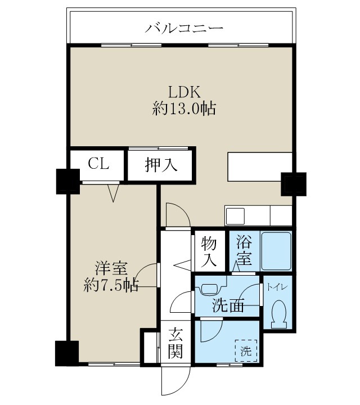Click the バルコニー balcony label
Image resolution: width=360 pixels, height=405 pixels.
[x=184, y=27]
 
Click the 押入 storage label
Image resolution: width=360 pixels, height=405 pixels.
[x=161, y=165]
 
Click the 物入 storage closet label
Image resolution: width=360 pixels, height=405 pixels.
[x=209, y=251]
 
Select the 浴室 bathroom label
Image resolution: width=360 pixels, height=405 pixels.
[x=244, y=251]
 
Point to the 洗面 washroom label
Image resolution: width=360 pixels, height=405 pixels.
[x=228, y=306]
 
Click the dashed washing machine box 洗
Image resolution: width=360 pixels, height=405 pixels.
[x=246, y=350]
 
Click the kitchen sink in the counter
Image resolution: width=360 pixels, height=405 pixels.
[x=235, y=216]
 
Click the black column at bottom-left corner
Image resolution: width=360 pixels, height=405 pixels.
[x=66, y=353]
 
